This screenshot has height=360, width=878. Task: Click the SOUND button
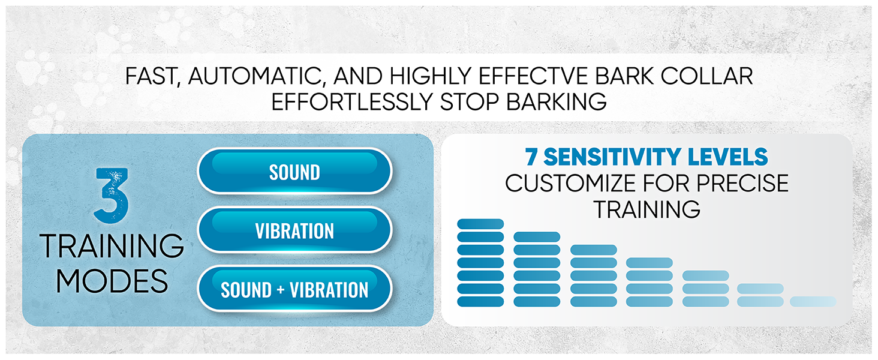[294, 171]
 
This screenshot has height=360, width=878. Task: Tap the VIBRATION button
[294, 230]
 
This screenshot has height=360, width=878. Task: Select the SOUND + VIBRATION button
[294, 289]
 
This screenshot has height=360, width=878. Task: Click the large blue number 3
[112, 195]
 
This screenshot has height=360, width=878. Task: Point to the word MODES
[112, 281]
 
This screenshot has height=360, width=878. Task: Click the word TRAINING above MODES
[112, 245]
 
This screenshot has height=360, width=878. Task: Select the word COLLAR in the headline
[706, 76]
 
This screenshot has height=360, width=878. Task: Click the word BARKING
[557, 102]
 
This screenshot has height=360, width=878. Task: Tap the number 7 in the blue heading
[531, 157]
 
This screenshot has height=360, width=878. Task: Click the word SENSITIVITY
[612, 157]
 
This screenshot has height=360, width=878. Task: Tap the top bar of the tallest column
[480, 224]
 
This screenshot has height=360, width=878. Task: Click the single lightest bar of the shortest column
[813, 302]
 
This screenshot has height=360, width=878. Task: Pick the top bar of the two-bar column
[760, 289]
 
